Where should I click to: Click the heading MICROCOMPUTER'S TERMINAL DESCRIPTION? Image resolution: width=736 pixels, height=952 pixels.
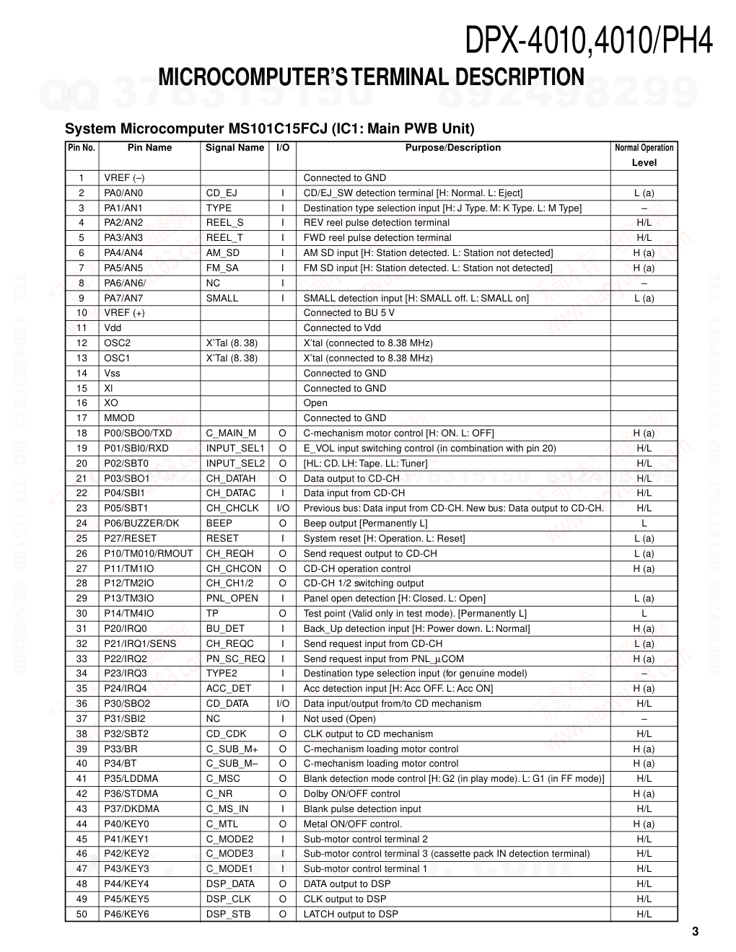(371, 77)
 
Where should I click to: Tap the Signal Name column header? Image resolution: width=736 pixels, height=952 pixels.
(235, 148)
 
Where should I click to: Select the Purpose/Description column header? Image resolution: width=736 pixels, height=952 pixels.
(452, 148)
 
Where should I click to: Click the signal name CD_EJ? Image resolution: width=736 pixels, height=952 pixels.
(222, 193)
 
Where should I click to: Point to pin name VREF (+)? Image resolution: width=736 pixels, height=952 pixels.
(124, 313)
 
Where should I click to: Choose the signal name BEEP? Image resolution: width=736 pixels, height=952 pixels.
(219, 524)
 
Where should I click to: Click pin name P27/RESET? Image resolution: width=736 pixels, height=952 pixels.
(130, 539)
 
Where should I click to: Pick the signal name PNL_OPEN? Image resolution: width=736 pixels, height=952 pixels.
(232, 599)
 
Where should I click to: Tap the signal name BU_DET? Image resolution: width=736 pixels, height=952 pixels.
(225, 629)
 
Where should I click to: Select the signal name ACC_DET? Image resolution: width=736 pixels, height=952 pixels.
(229, 689)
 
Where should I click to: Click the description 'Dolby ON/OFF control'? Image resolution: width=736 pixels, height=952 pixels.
(351, 794)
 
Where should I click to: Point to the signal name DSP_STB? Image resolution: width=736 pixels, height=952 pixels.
(228, 914)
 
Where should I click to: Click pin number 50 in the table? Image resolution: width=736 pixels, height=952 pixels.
(82, 914)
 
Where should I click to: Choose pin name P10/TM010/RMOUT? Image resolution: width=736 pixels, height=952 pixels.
(149, 554)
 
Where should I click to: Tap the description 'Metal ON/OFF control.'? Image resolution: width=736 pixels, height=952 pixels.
(353, 824)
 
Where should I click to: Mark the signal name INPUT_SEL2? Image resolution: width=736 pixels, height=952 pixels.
(235, 464)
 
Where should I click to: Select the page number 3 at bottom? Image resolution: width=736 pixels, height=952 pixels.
(695, 932)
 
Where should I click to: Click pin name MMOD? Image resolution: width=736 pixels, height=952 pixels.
(119, 418)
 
